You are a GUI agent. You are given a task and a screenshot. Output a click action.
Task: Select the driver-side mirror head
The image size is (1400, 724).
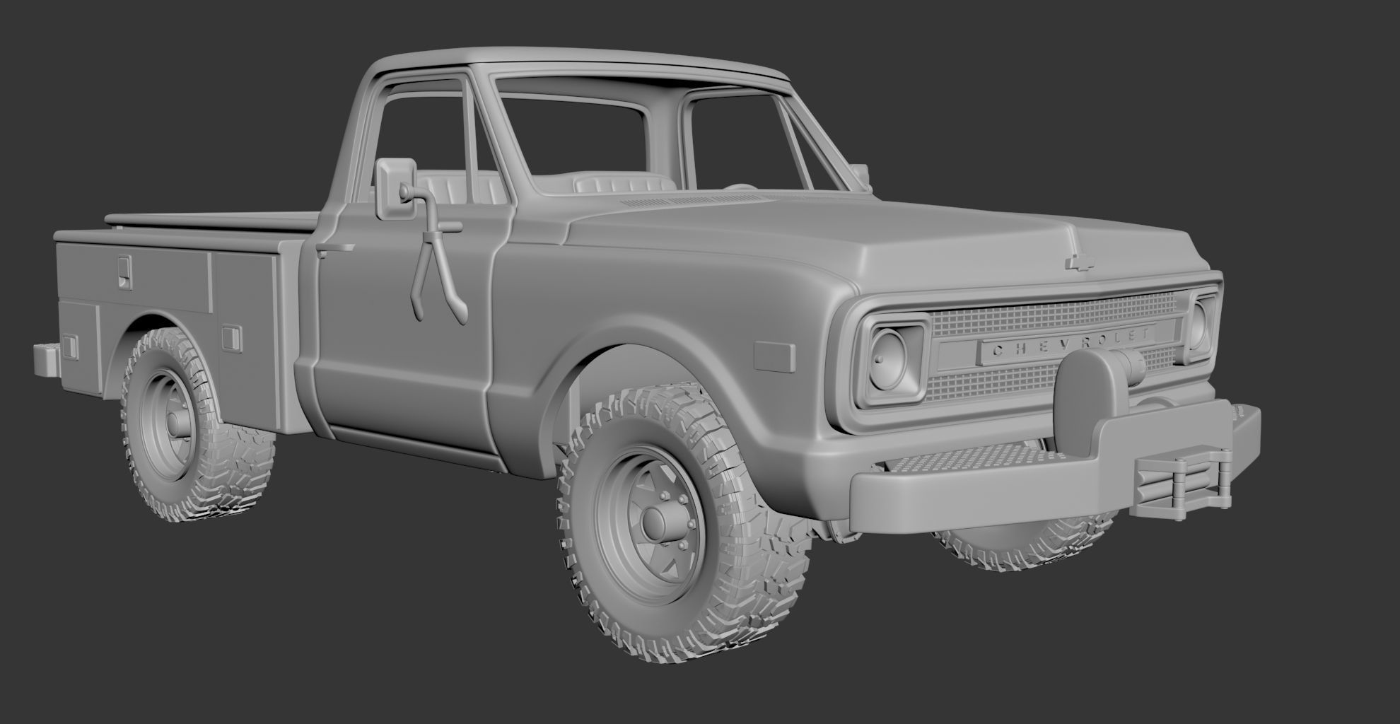(x=390, y=188)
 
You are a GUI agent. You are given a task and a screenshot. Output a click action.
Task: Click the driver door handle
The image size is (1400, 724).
(x=334, y=248)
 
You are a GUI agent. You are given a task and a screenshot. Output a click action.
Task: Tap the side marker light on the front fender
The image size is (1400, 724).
(x=775, y=355)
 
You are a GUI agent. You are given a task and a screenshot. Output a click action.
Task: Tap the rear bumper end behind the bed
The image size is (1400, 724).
(x=47, y=359)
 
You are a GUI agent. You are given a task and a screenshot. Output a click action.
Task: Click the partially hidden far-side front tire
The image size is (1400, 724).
(x=1025, y=544)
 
